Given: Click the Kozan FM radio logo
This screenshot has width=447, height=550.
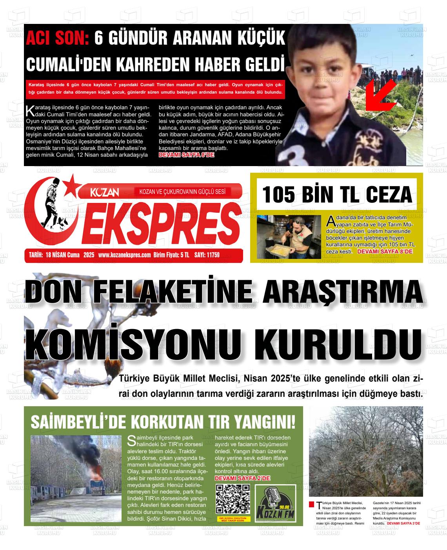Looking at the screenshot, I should pyautogui.click(x=275, y=504).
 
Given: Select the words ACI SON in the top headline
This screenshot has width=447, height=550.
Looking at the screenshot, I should pyautogui.click(x=57, y=39).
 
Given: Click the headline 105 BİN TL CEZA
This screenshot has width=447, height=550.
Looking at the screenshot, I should pyautogui.click(x=337, y=194).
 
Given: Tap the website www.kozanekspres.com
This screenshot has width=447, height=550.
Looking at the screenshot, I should pyautogui.click(x=124, y=255).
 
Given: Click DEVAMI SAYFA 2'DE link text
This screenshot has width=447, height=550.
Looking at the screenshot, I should pyautogui.click(x=242, y=479).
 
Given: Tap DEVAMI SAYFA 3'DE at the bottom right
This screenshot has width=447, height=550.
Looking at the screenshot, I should pyautogui.click(x=403, y=523).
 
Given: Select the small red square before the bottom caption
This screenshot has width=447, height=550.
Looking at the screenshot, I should pyautogui.click(x=311, y=504).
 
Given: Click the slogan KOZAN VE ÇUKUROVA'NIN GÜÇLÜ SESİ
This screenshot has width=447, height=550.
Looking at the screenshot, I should pyautogui.click(x=182, y=192).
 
